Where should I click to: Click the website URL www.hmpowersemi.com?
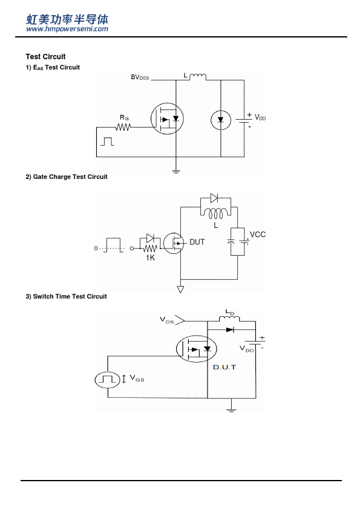(67, 29)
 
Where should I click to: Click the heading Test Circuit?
(45, 57)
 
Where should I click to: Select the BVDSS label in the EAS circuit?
(140, 77)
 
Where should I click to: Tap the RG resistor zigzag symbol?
(123, 127)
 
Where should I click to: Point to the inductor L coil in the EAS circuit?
(197, 77)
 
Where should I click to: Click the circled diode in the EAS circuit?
(221, 120)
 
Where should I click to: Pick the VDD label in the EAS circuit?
(260, 117)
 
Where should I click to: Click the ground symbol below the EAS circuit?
(176, 172)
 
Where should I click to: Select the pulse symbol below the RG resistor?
(107, 141)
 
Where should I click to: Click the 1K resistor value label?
(150, 258)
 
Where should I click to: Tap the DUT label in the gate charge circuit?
(197, 242)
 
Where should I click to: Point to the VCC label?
(257, 235)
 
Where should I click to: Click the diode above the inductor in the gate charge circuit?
(214, 198)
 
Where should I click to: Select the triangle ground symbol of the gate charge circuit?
(180, 289)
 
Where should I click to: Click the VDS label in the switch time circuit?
(166, 320)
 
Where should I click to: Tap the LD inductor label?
(230, 313)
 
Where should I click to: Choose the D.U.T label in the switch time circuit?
(224, 367)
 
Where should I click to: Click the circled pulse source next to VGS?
(108, 380)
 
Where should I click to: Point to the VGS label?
(137, 378)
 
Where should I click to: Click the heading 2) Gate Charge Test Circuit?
(67, 177)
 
